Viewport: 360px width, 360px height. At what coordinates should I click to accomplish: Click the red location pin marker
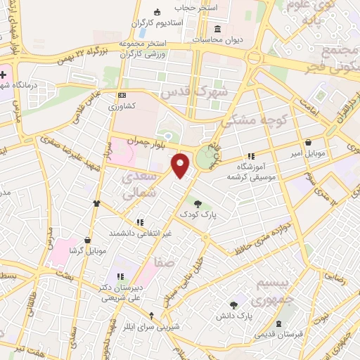pyautogui.click(x=181, y=165)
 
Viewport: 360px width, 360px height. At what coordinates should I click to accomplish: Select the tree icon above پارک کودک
pyautogui.click(x=198, y=202)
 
